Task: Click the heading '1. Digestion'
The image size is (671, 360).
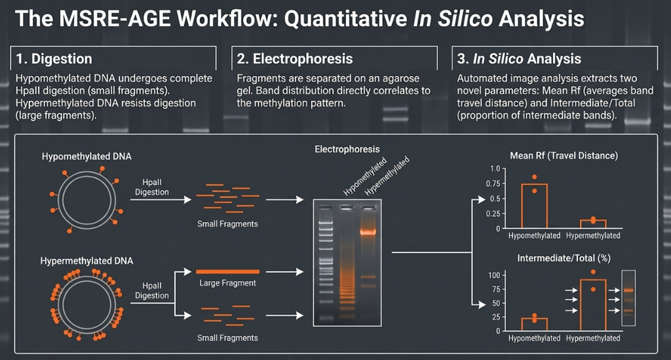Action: [54, 58]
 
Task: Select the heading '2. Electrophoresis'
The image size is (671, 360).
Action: [294, 58]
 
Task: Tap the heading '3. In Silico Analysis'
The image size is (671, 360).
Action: [519, 58]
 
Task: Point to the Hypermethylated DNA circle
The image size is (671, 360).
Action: [58, 306]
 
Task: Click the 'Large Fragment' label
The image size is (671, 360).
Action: [227, 283]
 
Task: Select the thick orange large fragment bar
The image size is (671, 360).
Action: [227, 272]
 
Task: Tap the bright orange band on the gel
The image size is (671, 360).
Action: [368, 232]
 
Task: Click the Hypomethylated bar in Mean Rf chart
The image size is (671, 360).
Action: [522, 205]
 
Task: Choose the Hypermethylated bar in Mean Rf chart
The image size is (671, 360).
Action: [593, 221]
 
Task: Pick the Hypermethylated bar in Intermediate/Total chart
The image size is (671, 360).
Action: [581, 305]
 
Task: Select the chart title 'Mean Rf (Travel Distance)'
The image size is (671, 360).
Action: [564, 156]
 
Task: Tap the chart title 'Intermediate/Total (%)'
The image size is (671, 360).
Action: [564, 258]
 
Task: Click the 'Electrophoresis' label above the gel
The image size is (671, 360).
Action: [347, 150]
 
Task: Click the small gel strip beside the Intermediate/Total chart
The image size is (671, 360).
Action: [628, 298]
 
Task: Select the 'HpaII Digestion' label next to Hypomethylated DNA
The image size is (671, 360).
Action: [152, 187]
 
